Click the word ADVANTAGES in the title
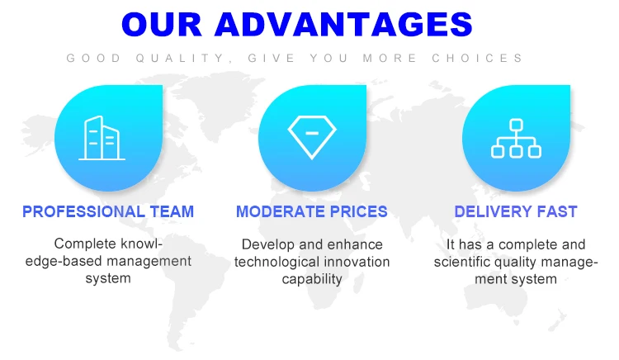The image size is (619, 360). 343,24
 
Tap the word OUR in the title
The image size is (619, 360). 163,24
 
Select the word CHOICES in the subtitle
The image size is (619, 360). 477,58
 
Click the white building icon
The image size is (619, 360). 102,138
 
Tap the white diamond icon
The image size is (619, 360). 312,137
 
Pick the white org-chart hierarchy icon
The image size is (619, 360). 516,138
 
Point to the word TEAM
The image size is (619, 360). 172,211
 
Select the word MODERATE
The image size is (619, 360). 281,211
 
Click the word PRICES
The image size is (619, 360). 358,211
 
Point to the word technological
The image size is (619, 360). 276,262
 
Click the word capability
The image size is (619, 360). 312,279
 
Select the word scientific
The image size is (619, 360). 460,262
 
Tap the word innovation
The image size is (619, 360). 357,262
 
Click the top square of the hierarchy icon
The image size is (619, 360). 516,125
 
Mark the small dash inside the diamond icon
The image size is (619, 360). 312,134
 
